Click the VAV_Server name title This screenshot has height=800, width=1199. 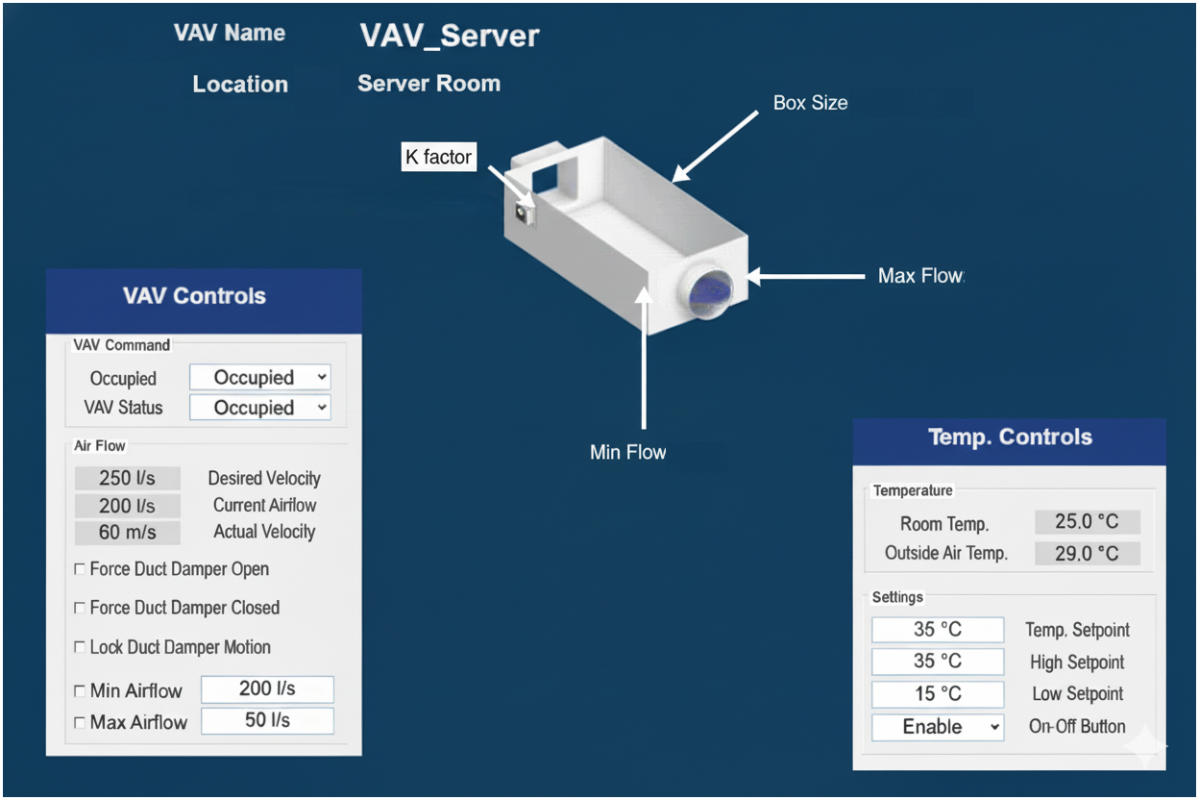[x=450, y=37]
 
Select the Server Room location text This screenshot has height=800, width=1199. [x=428, y=84]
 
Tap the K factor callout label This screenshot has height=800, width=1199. [x=438, y=157]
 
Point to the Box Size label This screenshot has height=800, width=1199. [x=810, y=102]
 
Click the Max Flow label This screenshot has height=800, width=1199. [x=919, y=276]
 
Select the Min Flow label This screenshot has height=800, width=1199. [x=627, y=451]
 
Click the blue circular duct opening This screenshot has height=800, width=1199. [x=709, y=292]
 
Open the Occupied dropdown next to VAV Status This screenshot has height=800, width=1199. [x=260, y=408]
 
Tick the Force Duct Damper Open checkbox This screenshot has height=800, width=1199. [x=80, y=570]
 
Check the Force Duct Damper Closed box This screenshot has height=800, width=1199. [x=80, y=609]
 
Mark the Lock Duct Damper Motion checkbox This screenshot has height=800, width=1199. [x=80, y=647]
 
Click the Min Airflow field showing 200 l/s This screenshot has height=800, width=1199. [x=267, y=689]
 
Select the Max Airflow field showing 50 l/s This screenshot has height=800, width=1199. [x=267, y=721]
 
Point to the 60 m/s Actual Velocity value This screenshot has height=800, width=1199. [x=127, y=532]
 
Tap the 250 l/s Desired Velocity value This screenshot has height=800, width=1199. [x=127, y=478]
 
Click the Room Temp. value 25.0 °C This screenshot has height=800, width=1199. [x=1087, y=522]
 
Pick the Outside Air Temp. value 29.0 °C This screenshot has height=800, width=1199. [x=1087, y=554]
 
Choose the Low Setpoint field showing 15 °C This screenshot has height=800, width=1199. [x=938, y=694]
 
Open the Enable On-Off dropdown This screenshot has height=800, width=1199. [x=938, y=727]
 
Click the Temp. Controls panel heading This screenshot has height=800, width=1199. [x=1010, y=437]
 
